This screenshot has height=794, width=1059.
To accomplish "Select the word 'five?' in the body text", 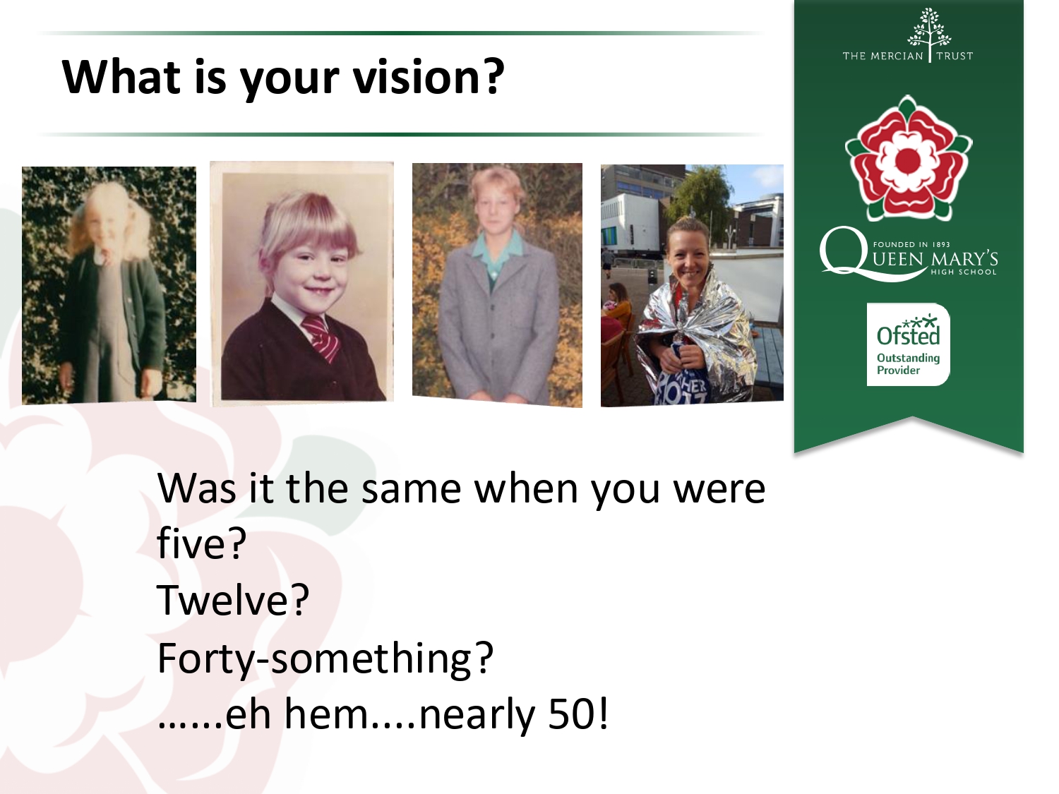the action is [x=202, y=543].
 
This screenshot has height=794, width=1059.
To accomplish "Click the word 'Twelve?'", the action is [x=232, y=600].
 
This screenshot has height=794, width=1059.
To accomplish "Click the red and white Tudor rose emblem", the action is [x=909, y=158].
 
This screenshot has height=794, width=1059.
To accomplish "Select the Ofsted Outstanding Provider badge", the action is [x=909, y=344].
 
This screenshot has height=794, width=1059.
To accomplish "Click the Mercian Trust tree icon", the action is [x=929, y=29].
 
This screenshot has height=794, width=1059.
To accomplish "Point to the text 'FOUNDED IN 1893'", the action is [x=911, y=244].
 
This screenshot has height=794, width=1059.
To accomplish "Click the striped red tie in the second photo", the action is [x=322, y=337].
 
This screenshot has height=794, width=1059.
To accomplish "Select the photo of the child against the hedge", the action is [x=109, y=285].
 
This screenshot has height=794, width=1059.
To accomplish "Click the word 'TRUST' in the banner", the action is [x=955, y=56].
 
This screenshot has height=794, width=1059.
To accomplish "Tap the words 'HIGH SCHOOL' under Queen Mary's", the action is [x=964, y=272].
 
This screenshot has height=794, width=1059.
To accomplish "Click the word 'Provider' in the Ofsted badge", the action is [x=898, y=371].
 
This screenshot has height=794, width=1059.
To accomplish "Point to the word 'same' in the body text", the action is [x=412, y=489].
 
